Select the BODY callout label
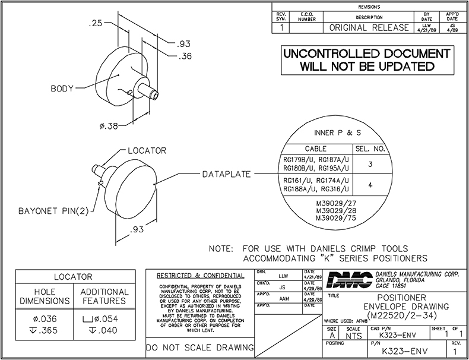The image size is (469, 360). click(62, 89)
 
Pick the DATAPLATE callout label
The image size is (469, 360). click(224, 174)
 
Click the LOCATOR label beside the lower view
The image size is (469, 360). click(147, 151)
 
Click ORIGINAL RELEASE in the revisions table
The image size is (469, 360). click(368, 28)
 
